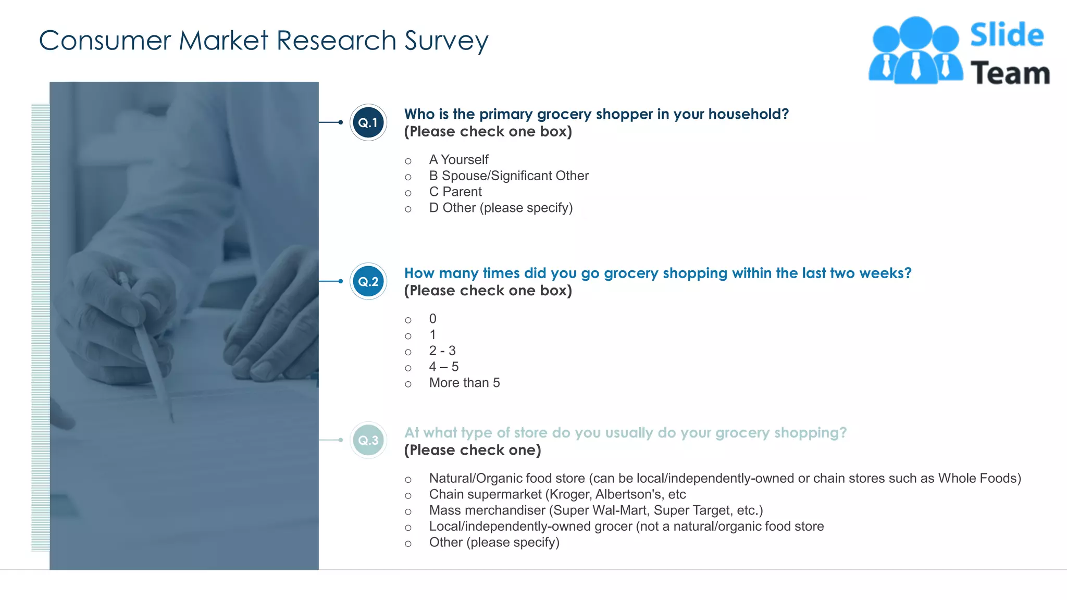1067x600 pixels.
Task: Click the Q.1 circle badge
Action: [x=368, y=122]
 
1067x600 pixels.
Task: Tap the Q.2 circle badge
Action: [x=368, y=281]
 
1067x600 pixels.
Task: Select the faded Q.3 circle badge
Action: [x=368, y=440]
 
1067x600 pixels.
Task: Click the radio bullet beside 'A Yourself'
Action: [x=408, y=161]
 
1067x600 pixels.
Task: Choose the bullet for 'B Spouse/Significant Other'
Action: [x=408, y=177]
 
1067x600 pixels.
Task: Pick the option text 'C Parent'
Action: [x=455, y=192]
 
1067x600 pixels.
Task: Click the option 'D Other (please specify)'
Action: [x=500, y=208]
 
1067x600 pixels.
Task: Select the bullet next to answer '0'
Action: [x=408, y=320]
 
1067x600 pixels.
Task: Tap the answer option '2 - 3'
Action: [x=442, y=351]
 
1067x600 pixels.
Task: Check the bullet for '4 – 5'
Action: [x=408, y=368]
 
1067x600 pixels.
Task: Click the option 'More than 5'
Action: [x=464, y=383]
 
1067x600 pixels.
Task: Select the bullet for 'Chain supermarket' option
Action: [x=408, y=495]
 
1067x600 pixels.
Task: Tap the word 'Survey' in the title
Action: [x=446, y=41]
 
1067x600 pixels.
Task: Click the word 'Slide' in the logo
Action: [x=1007, y=35]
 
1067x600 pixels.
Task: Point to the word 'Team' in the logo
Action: [x=1010, y=73]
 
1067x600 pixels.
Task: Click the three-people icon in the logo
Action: [x=915, y=51]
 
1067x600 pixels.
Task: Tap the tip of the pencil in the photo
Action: [x=172, y=420]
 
